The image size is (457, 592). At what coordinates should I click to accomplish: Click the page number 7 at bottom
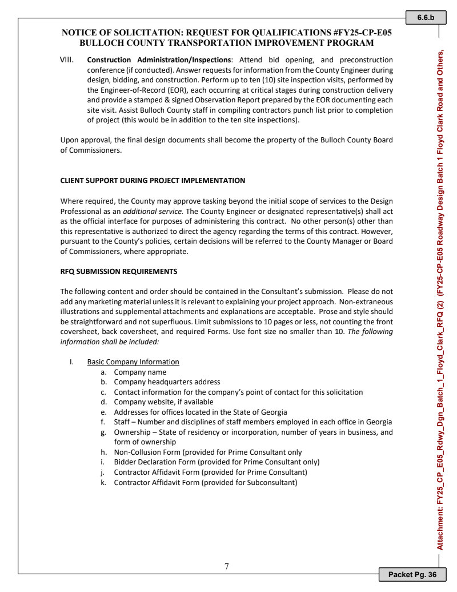pyautogui.click(x=227, y=566)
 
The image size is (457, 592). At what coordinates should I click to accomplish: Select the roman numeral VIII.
pyautogui.click(x=68, y=59)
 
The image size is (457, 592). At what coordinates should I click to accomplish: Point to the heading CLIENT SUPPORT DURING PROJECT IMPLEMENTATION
pyautogui.click(x=153, y=181)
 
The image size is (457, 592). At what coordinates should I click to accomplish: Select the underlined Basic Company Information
pyautogui.click(x=133, y=362)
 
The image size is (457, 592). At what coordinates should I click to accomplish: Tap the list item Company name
pyautogui.click(x=140, y=372)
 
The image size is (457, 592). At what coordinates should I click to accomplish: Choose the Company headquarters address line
pyautogui.click(x=167, y=382)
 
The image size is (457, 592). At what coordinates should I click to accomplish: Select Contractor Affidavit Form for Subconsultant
pyautogui.click(x=206, y=482)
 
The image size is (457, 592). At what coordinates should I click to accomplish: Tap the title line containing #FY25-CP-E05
pyautogui.click(x=227, y=33)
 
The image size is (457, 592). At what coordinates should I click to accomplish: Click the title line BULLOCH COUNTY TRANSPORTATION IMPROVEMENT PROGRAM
pyautogui.click(x=227, y=43)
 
